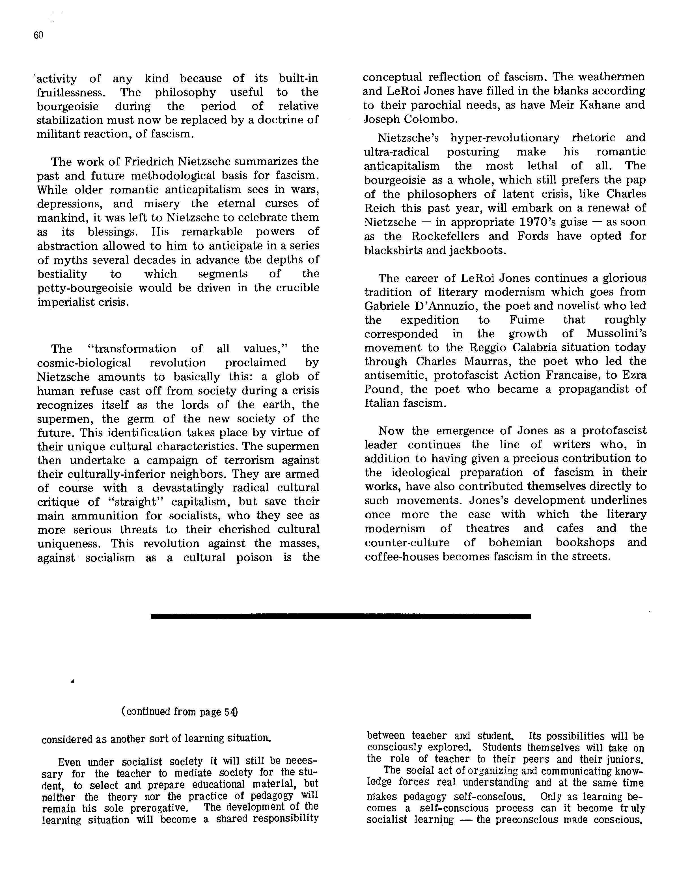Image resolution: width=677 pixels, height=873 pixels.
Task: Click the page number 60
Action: click(38, 36)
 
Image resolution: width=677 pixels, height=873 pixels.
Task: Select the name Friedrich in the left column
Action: click(149, 161)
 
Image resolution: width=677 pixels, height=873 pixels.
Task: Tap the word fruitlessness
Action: click(71, 92)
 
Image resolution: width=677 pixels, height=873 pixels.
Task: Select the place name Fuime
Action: click(527, 320)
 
